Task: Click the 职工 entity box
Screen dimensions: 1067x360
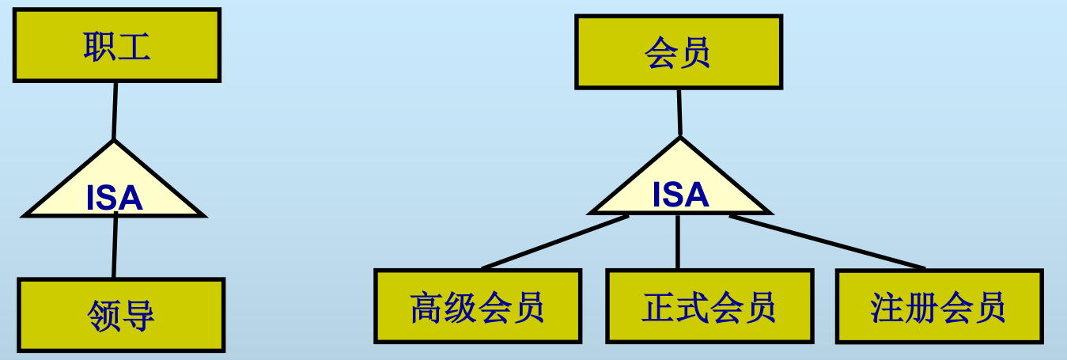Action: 116,45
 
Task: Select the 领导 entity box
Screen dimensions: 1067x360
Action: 121,314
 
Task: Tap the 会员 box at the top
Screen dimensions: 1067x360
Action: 678,51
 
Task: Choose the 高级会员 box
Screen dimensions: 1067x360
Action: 478,306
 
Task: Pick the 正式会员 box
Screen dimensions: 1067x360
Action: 709,306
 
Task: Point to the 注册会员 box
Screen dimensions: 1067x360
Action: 938,306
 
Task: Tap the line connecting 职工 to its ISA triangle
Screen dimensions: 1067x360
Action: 115,111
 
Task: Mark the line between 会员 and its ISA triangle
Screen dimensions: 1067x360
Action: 679,112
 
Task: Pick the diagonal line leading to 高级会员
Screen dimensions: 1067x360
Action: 554,242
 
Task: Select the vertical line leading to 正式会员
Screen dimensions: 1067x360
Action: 678,242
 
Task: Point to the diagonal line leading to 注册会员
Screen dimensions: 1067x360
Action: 827,241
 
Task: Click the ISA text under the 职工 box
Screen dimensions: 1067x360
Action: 115,199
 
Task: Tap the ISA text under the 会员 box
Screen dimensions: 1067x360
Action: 680,195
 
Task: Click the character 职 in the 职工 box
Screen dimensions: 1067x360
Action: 100,47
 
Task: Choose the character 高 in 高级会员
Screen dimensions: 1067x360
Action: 426,307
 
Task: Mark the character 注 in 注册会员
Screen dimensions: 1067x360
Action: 887,307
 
